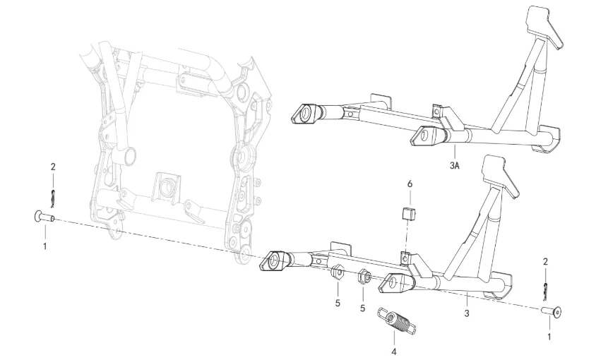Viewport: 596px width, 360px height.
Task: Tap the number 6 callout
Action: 409,184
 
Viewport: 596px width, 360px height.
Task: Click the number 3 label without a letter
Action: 467,311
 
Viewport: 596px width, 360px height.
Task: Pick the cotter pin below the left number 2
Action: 52,193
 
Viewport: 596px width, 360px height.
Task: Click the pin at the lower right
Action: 552,310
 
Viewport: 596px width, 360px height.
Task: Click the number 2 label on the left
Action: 52,167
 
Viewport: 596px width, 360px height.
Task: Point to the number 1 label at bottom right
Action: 549,337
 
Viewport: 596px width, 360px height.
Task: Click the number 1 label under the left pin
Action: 46,246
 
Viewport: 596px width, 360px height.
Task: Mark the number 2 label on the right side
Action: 546,262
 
